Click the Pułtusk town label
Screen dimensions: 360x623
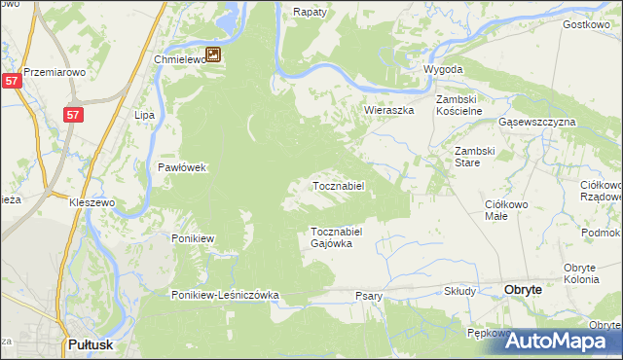(x=94, y=343)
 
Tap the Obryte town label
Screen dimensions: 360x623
(x=530, y=289)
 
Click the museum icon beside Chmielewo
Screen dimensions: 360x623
(x=213, y=56)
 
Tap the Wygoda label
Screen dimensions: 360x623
(x=443, y=70)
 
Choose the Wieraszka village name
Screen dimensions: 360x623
(x=389, y=111)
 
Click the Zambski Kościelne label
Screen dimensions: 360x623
(x=459, y=106)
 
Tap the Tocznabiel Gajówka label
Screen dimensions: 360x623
(x=336, y=237)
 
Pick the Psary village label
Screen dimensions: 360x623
(x=369, y=295)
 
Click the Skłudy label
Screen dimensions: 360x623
(x=459, y=291)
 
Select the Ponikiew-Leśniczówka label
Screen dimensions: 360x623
(x=226, y=295)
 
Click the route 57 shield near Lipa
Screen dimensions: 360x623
(x=73, y=115)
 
